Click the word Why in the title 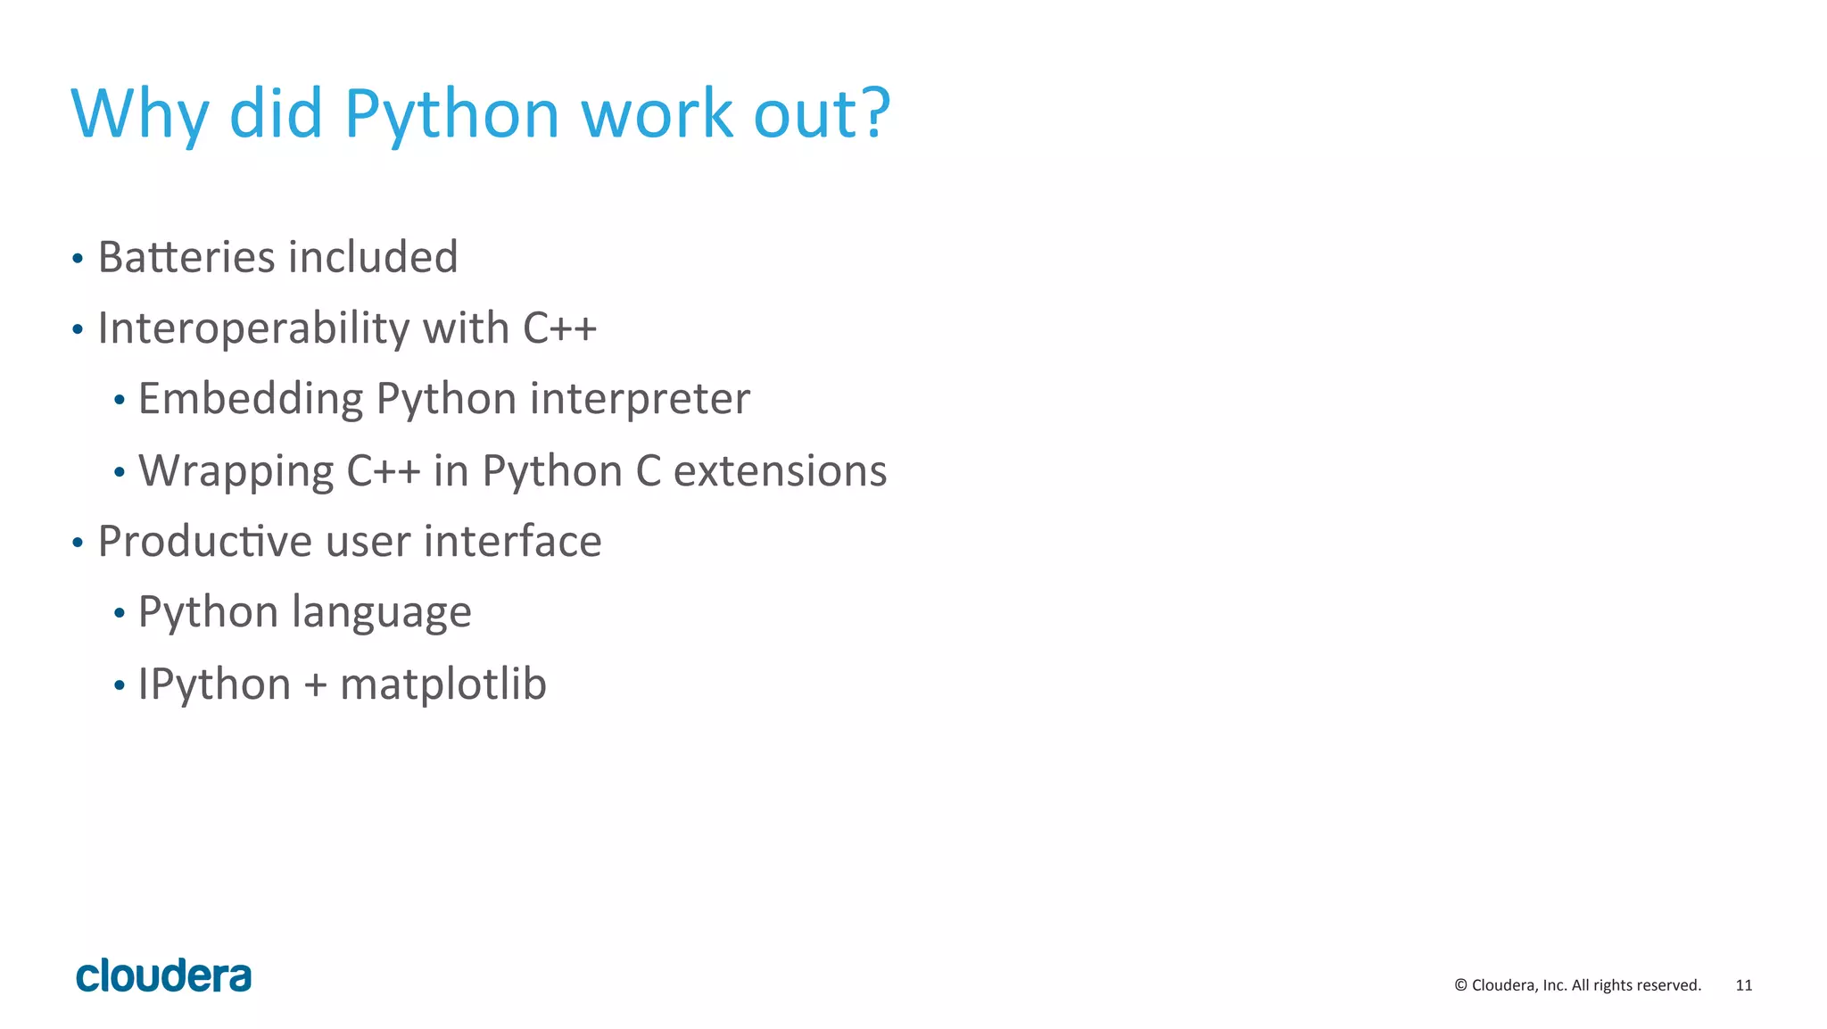(x=139, y=114)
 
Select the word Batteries (x=186, y=257)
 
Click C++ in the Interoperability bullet (x=559, y=328)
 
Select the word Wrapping (x=236, y=470)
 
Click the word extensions (x=780, y=470)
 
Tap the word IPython (x=214, y=685)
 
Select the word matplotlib (x=442, y=685)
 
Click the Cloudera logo (x=163, y=976)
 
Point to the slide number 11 (x=1743, y=985)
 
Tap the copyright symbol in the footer (x=1460, y=985)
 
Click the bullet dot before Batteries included (x=78, y=260)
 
